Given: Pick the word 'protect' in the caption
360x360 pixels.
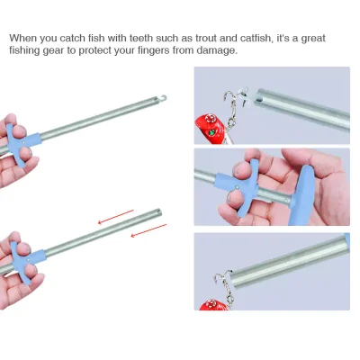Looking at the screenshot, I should point(91,51).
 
